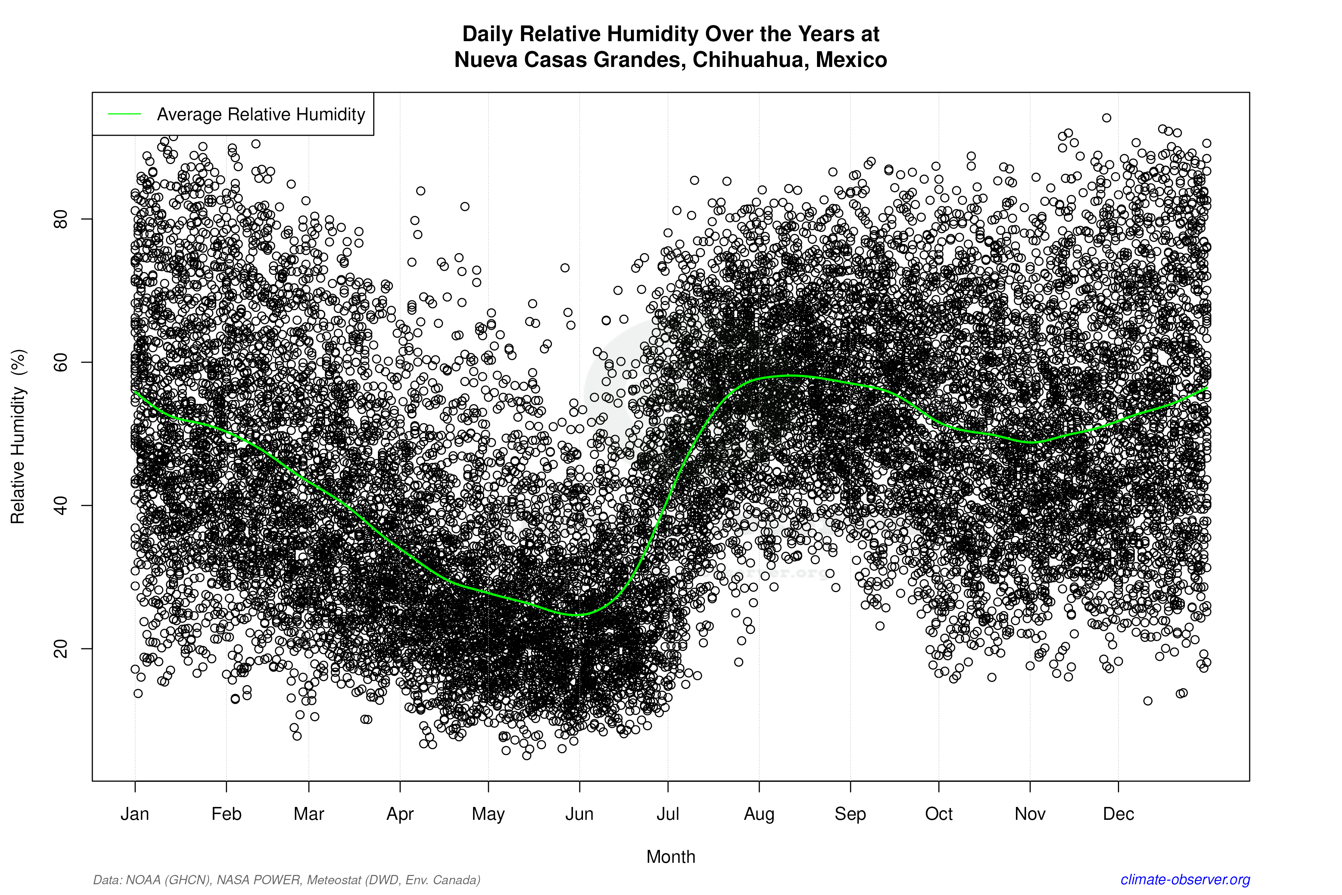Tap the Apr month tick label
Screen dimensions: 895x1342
pyautogui.click(x=400, y=814)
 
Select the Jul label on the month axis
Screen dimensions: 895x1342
pyautogui.click(x=667, y=814)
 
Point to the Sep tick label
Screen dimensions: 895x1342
pyautogui.click(x=850, y=814)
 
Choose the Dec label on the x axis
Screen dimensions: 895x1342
pyautogui.click(x=1118, y=814)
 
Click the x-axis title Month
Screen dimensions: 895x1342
pyautogui.click(x=671, y=857)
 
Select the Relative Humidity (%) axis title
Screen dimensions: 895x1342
pyautogui.click(x=18, y=437)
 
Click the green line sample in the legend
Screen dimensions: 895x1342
pyautogui.click(x=125, y=114)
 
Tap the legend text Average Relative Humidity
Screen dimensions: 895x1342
pyautogui.click(x=261, y=115)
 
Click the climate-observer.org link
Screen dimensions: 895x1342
pyautogui.click(x=1185, y=880)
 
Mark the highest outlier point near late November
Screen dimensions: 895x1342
pyautogui.click(x=1107, y=117)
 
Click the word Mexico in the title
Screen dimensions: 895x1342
pyautogui.click(x=851, y=60)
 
